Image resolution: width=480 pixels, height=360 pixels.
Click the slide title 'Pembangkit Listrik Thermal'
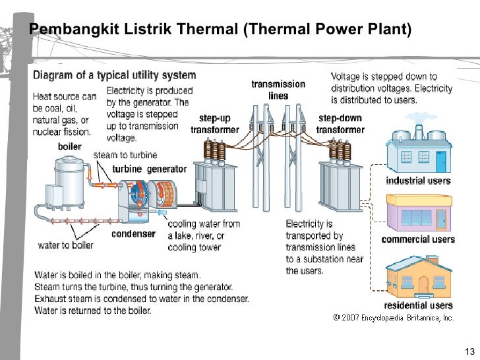(x=220, y=30)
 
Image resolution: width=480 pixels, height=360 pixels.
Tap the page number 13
(x=470, y=350)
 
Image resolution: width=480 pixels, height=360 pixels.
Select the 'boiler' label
(x=69, y=146)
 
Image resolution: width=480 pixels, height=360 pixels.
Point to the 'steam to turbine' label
(x=125, y=156)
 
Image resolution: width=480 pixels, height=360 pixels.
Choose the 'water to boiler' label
(x=65, y=245)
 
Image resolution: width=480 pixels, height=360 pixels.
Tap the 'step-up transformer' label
(x=214, y=124)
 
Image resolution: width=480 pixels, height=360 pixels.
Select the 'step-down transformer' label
(x=340, y=124)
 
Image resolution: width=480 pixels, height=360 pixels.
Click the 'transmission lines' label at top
(x=278, y=90)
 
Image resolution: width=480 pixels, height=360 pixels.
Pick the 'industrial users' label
(x=418, y=181)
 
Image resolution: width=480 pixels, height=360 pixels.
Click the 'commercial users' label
(x=418, y=239)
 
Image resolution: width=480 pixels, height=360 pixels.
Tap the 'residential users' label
(x=418, y=305)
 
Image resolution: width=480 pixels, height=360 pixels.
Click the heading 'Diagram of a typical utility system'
(x=114, y=75)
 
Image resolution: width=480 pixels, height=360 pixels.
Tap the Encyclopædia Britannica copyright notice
(x=394, y=317)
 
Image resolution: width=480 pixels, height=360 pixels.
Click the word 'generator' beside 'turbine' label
(x=166, y=169)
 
